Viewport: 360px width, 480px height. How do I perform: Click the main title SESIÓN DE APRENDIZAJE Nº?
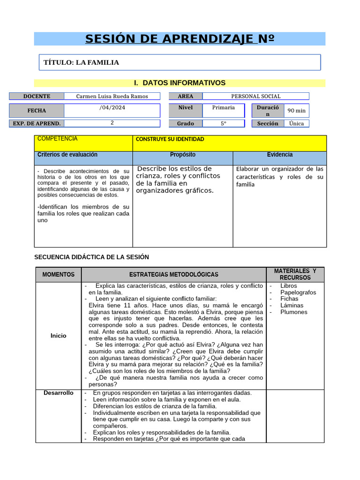tap(180, 39)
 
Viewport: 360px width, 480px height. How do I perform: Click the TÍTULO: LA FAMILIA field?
tap(81, 62)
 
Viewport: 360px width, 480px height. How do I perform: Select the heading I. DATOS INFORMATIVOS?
tap(180, 83)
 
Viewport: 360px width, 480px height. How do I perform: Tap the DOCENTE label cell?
tap(37, 96)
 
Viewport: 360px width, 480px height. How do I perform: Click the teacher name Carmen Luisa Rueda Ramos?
tap(112, 96)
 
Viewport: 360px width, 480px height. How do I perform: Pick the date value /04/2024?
tap(112, 107)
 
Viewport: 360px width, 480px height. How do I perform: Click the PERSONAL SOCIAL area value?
tap(255, 96)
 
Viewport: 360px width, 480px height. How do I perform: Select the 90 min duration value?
tap(296, 111)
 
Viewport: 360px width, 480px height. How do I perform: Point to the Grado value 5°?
tap(223, 123)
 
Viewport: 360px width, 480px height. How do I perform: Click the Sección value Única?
tap(296, 123)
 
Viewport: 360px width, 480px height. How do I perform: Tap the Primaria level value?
tap(223, 107)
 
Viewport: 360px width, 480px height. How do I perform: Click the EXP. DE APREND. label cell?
tap(37, 123)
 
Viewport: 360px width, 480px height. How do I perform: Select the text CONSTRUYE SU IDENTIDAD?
tap(170, 139)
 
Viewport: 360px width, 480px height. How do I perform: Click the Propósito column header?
tap(183, 155)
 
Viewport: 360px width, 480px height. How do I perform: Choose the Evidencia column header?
tap(280, 155)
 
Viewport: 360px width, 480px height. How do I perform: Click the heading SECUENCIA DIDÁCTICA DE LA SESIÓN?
tap(92, 257)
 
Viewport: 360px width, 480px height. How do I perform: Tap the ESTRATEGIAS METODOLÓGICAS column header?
tap(173, 275)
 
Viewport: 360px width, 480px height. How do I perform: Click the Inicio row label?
tap(59, 336)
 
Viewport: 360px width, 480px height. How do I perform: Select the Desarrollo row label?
tap(59, 393)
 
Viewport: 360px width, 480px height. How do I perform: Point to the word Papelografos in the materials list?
tap(298, 292)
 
